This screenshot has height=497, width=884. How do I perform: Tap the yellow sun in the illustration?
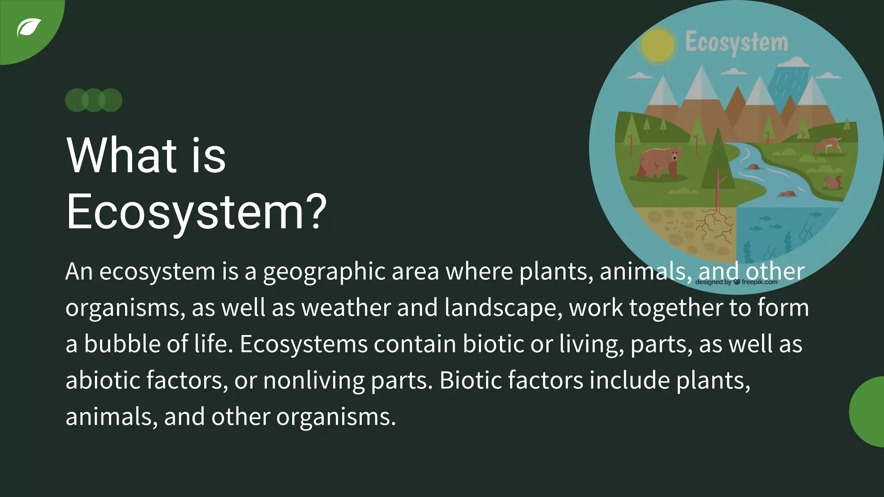point(657,45)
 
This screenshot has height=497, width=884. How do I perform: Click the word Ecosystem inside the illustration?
point(736,43)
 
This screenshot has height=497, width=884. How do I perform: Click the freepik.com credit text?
point(759,282)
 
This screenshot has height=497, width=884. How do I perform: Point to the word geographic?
point(324,272)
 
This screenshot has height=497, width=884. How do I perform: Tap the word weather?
point(346,308)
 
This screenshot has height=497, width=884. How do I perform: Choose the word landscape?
point(503,308)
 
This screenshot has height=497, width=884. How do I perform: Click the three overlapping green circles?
point(94,100)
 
